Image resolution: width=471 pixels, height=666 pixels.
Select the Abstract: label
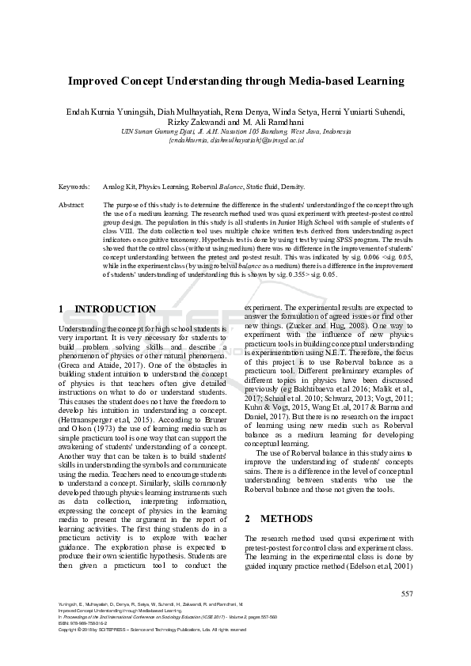click(72, 205)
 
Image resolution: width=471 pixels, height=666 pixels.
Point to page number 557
click(407, 593)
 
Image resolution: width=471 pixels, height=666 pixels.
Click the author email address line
click(235, 140)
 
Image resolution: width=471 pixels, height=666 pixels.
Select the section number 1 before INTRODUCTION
click(62, 308)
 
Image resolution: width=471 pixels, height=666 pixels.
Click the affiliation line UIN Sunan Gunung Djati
click(235, 131)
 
